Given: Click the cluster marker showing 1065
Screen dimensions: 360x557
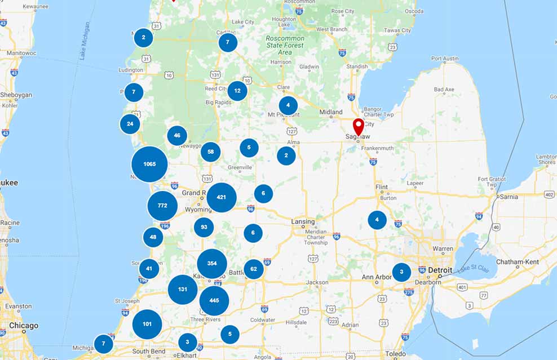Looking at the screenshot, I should pyautogui.click(x=149, y=164).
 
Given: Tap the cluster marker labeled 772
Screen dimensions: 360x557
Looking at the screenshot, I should pyautogui.click(x=162, y=206).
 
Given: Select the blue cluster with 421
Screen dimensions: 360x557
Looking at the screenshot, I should pyautogui.click(x=222, y=197).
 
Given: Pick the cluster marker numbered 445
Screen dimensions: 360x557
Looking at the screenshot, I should pyautogui.click(x=214, y=300).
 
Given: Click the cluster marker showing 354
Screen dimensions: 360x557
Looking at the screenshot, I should pyautogui.click(x=212, y=264).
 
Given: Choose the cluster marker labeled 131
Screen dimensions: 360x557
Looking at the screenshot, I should pyautogui.click(x=183, y=290).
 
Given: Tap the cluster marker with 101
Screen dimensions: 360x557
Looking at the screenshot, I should pyautogui.click(x=147, y=324).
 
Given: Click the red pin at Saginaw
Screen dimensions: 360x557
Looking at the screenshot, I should pyautogui.click(x=359, y=127).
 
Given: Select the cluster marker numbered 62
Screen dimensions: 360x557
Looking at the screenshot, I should pyautogui.click(x=254, y=269).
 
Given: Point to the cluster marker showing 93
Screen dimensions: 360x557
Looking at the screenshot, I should pyautogui.click(x=204, y=227).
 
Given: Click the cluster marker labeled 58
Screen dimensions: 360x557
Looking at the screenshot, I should pyautogui.click(x=211, y=152).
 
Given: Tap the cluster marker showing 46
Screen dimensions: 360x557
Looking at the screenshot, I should pyautogui.click(x=177, y=135).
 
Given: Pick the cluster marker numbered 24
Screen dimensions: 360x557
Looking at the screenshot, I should pyautogui.click(x=130, y=124).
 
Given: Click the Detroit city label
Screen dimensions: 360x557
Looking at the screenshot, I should pyautogui.click(x=440, y=270).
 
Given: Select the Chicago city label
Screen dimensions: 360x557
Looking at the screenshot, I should pyautogui.click(x=24, y=326).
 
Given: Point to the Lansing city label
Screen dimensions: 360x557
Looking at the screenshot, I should pyautogui.click(x=303, y=222).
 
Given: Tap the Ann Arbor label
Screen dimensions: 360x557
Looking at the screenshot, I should pyautogui.click(x=376, y=277).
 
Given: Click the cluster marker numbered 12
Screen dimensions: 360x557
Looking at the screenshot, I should pyautogui.click(x=237, y=91).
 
